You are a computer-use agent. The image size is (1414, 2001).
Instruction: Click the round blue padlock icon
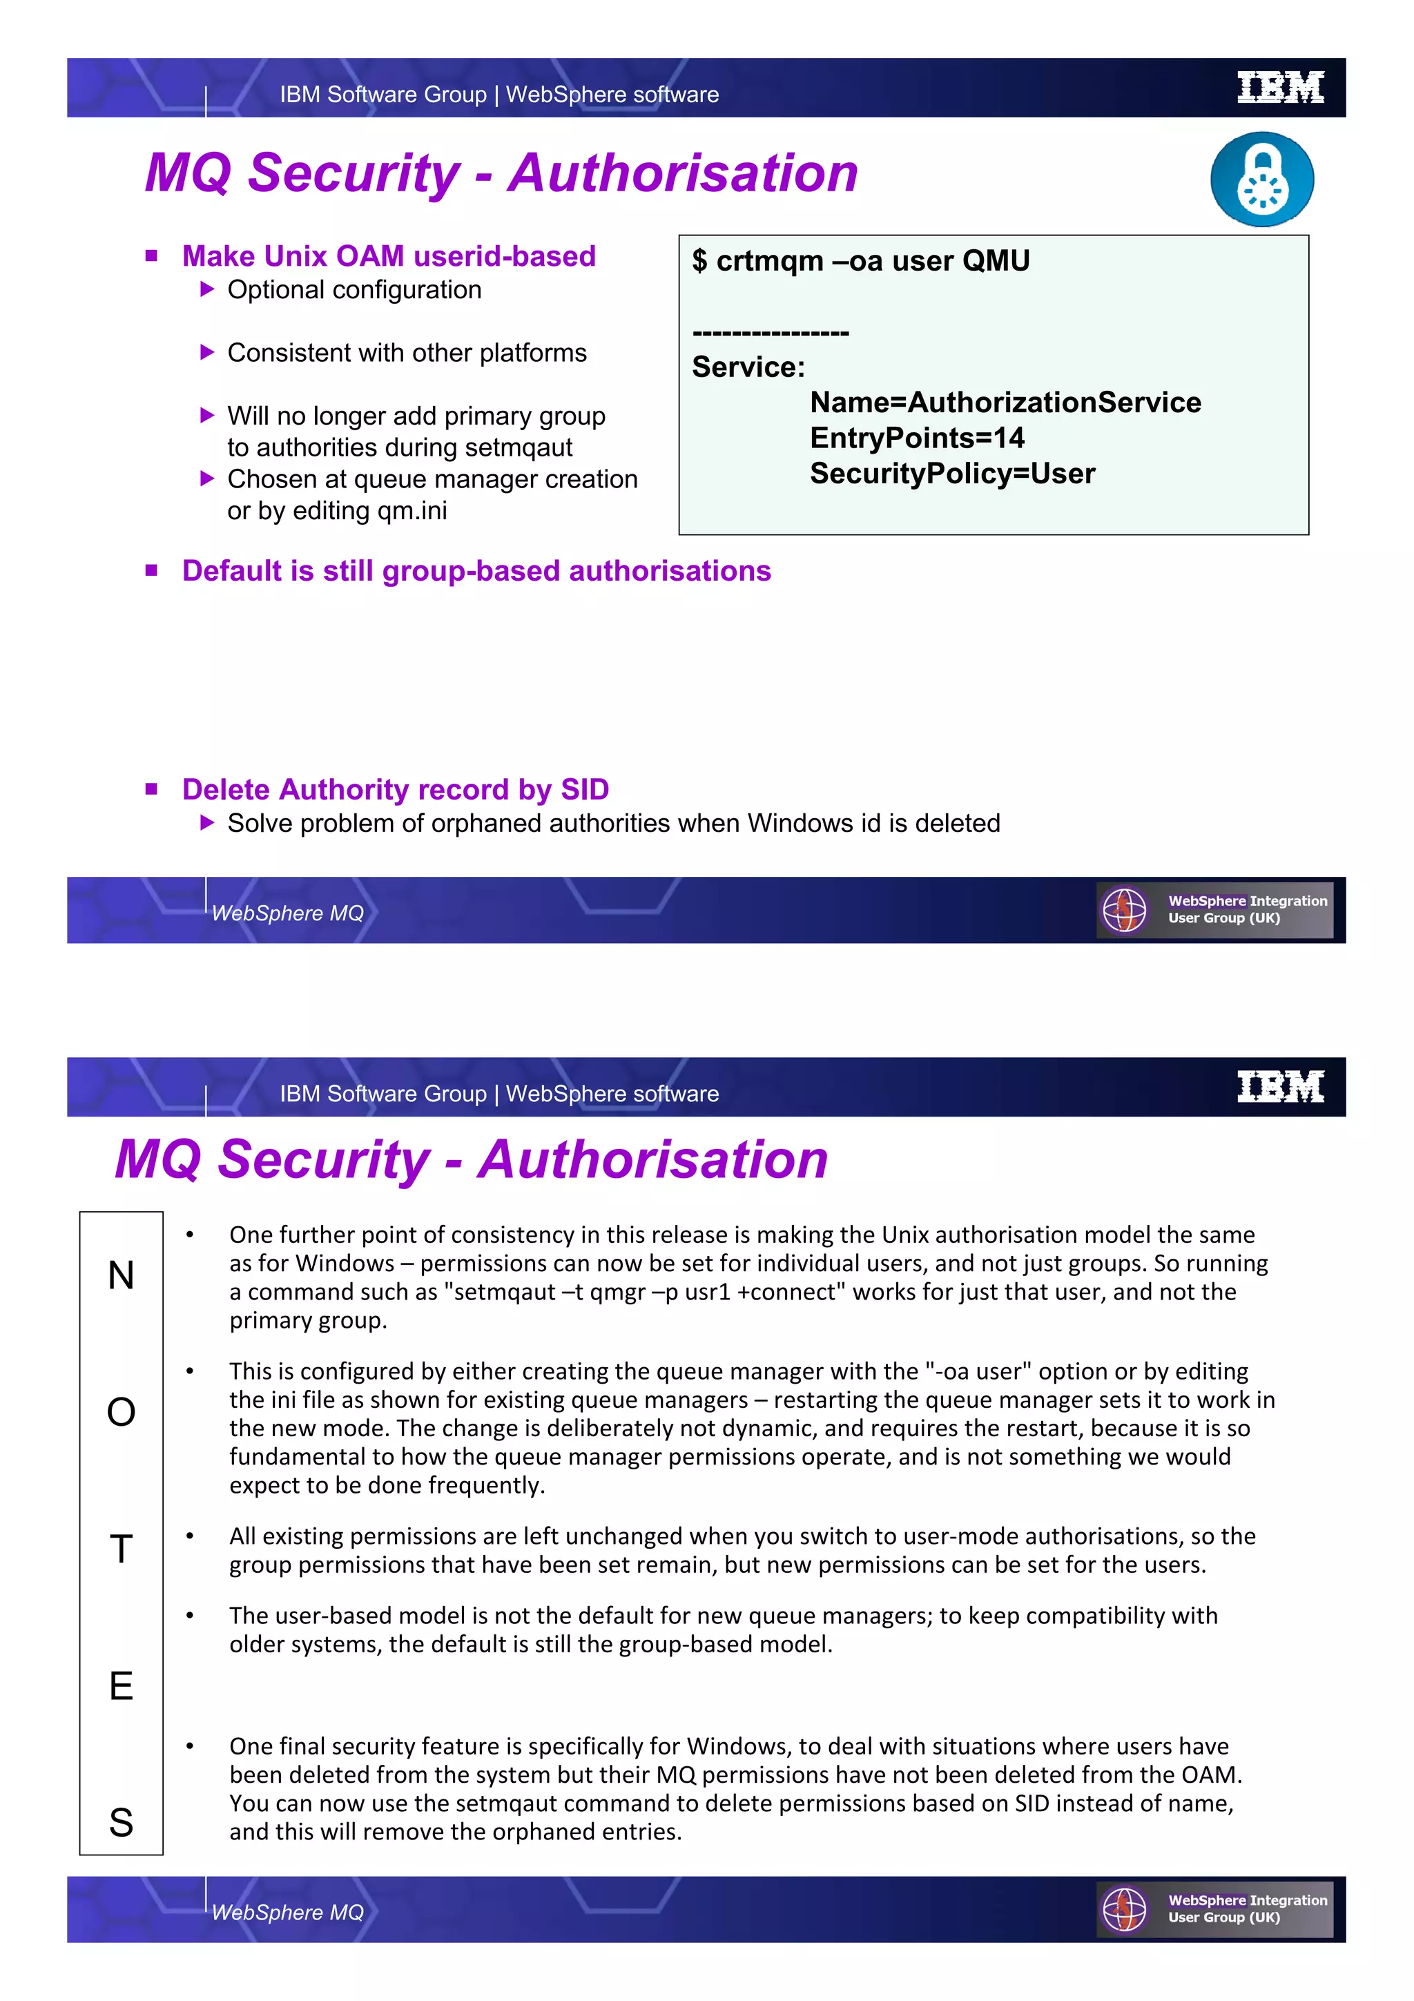click(x=1261, y=180)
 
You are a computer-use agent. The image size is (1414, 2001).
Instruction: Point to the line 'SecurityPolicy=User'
click(x=951, y=473)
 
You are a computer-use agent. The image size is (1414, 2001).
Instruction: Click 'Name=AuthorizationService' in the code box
click(x=1005, y=402)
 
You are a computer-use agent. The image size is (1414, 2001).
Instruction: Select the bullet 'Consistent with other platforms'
click(x=407, y=353)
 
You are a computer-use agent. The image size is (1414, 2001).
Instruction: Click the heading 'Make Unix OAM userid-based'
click(x=389, y=256)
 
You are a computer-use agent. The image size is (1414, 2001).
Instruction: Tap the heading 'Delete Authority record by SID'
click(x=395, y=790)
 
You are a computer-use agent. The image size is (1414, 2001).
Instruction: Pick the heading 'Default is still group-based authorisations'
click(x=476, y=571)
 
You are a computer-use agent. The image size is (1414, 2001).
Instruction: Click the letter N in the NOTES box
click(x=121, y=1276)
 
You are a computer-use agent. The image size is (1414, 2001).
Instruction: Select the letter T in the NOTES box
click(x=121, y=1549)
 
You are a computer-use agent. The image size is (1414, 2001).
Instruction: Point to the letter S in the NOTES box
click(x=121, y=1822)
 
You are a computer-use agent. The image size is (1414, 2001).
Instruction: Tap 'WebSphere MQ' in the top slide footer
click(x=287, y=913)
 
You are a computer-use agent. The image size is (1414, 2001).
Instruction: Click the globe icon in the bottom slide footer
click(x=1124, y=1909)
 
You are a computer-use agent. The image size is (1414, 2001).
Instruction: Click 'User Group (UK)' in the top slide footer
click(x=1223, y=918)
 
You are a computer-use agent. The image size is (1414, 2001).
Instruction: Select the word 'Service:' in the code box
click(x=748, y=367)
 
